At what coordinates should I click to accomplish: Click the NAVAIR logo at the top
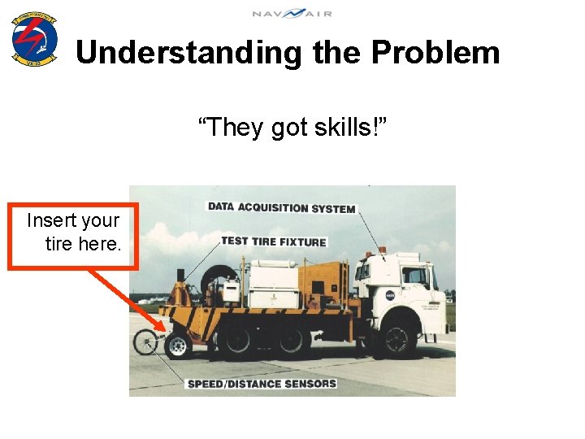(x=292, y=13)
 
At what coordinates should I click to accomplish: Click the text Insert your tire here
(x=73, y=232)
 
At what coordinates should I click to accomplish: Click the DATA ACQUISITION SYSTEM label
(x=281, y=207)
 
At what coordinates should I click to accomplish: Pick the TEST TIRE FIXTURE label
(x=273, y=241)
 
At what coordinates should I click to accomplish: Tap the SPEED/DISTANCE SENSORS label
(x=261, y=383)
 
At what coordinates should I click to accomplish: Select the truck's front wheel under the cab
(x=397, y=341)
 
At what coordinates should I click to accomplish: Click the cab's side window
(x=415, y=276)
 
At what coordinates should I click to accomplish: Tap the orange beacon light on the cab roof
(x=383, y=250)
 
